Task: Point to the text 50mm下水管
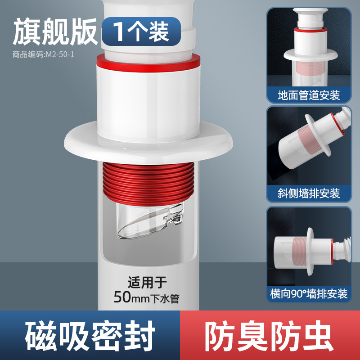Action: click(x=147, y=298)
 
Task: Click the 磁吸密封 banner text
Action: click(x=90, y=335)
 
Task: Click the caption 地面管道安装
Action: click(x=309, y=95)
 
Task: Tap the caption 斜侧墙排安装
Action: click(x=309, y=194)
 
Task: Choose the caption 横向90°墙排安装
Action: click(x=309, y=293)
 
